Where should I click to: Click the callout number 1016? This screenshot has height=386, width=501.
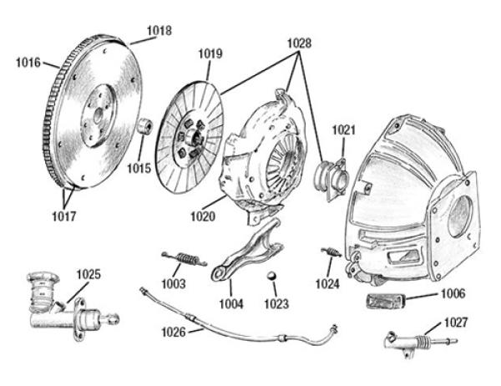28,61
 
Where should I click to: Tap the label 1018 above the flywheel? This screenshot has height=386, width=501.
159,31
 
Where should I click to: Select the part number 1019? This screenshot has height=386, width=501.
210,54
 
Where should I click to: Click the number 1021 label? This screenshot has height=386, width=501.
344,130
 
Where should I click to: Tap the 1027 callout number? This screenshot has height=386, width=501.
455,322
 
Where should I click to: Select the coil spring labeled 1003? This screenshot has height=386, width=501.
181,257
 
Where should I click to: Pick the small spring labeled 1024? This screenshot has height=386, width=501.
329,251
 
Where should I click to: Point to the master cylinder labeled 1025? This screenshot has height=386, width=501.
58,305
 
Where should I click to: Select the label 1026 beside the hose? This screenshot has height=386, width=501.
173,332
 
